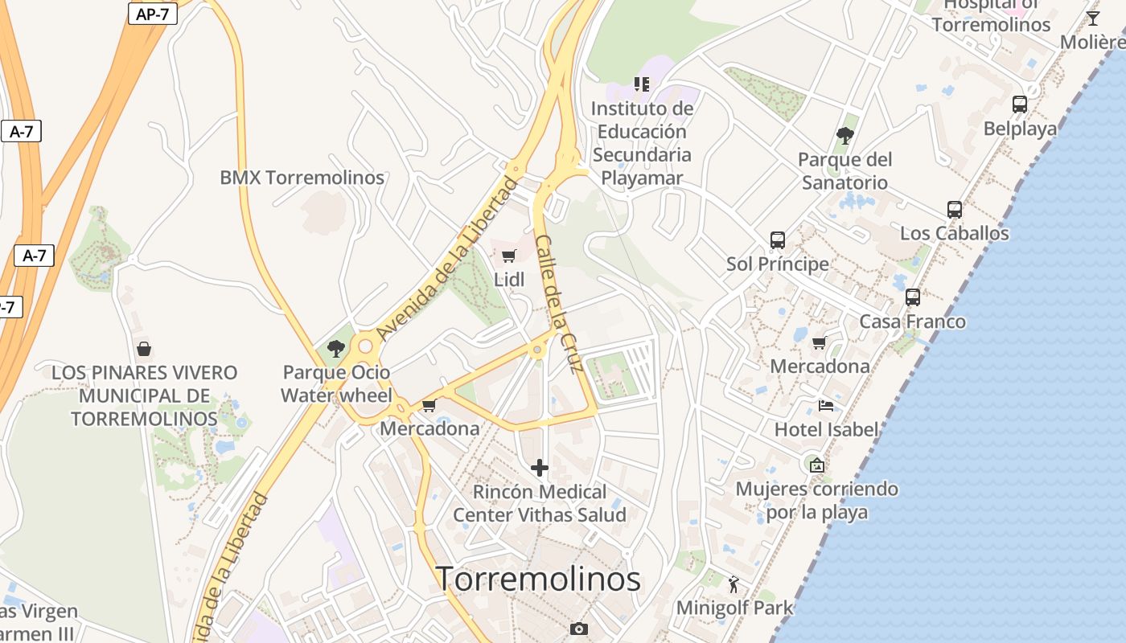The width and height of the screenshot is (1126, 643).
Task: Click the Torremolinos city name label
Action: (x=538, y=579)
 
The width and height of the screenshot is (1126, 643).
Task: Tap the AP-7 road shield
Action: (x=152, y=14)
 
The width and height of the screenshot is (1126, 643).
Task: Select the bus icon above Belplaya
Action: (x=1019, y=104)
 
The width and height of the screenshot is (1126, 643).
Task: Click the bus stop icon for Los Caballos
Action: (x=954, y=210)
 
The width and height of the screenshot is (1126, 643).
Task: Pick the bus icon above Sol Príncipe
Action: (x=777, y=240)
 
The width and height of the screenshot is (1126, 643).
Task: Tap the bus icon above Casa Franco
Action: (x=912, y=297)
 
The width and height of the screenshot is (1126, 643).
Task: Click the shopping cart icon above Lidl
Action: (x=508, y=256)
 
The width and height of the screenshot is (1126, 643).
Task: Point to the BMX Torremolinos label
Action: (x=302, y=178)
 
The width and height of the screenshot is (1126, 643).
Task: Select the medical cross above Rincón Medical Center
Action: (x=540, y=468)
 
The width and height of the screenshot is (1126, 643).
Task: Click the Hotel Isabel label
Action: (x=826, y=429)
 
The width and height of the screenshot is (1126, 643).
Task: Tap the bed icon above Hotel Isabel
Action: (x=825, y=406)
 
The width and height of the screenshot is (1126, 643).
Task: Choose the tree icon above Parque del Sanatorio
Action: (x=844, y=135)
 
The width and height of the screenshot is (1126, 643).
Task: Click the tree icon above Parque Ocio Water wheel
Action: (x=336, y=349)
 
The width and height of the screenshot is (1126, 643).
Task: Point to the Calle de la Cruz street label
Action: (x=558, y=305)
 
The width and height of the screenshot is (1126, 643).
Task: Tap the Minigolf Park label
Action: (x=734, y=608)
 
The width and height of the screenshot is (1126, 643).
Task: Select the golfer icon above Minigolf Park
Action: (x=733, y=584)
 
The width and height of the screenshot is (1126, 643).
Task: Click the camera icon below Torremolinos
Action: (x=578, y=629)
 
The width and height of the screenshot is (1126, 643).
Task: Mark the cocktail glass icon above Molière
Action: (x=1092, y=18)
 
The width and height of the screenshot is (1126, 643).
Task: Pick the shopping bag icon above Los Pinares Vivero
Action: (x=144, y=349)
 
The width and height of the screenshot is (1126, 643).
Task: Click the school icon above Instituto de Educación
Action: (x=641, y=84)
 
